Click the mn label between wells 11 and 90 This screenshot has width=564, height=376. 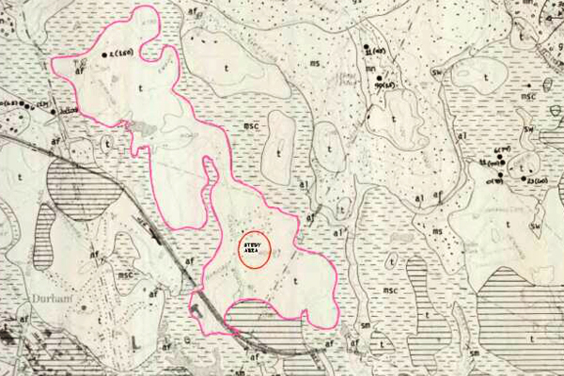372,69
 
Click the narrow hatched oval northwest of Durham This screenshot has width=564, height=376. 43,235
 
